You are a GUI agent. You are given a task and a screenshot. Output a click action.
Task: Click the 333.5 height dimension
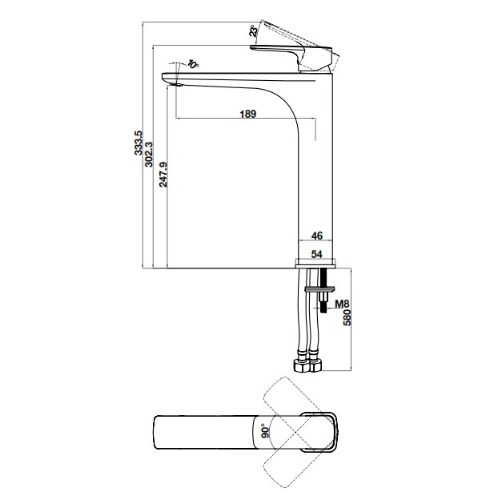coord(139,143)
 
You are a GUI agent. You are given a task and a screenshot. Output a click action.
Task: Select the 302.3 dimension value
coord(150,153)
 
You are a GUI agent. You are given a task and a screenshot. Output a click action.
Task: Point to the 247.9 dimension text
coord(163,173)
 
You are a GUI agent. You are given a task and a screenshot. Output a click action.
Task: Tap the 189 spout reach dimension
coord(247,114)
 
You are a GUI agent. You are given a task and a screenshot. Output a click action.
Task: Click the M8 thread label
coord(341,304)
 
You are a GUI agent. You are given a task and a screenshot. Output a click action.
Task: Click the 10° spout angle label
coord(192,64)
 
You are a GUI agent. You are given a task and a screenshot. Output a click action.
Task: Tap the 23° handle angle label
coord(253,31)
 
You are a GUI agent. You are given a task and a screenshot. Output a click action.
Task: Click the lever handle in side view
coord(292,53)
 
